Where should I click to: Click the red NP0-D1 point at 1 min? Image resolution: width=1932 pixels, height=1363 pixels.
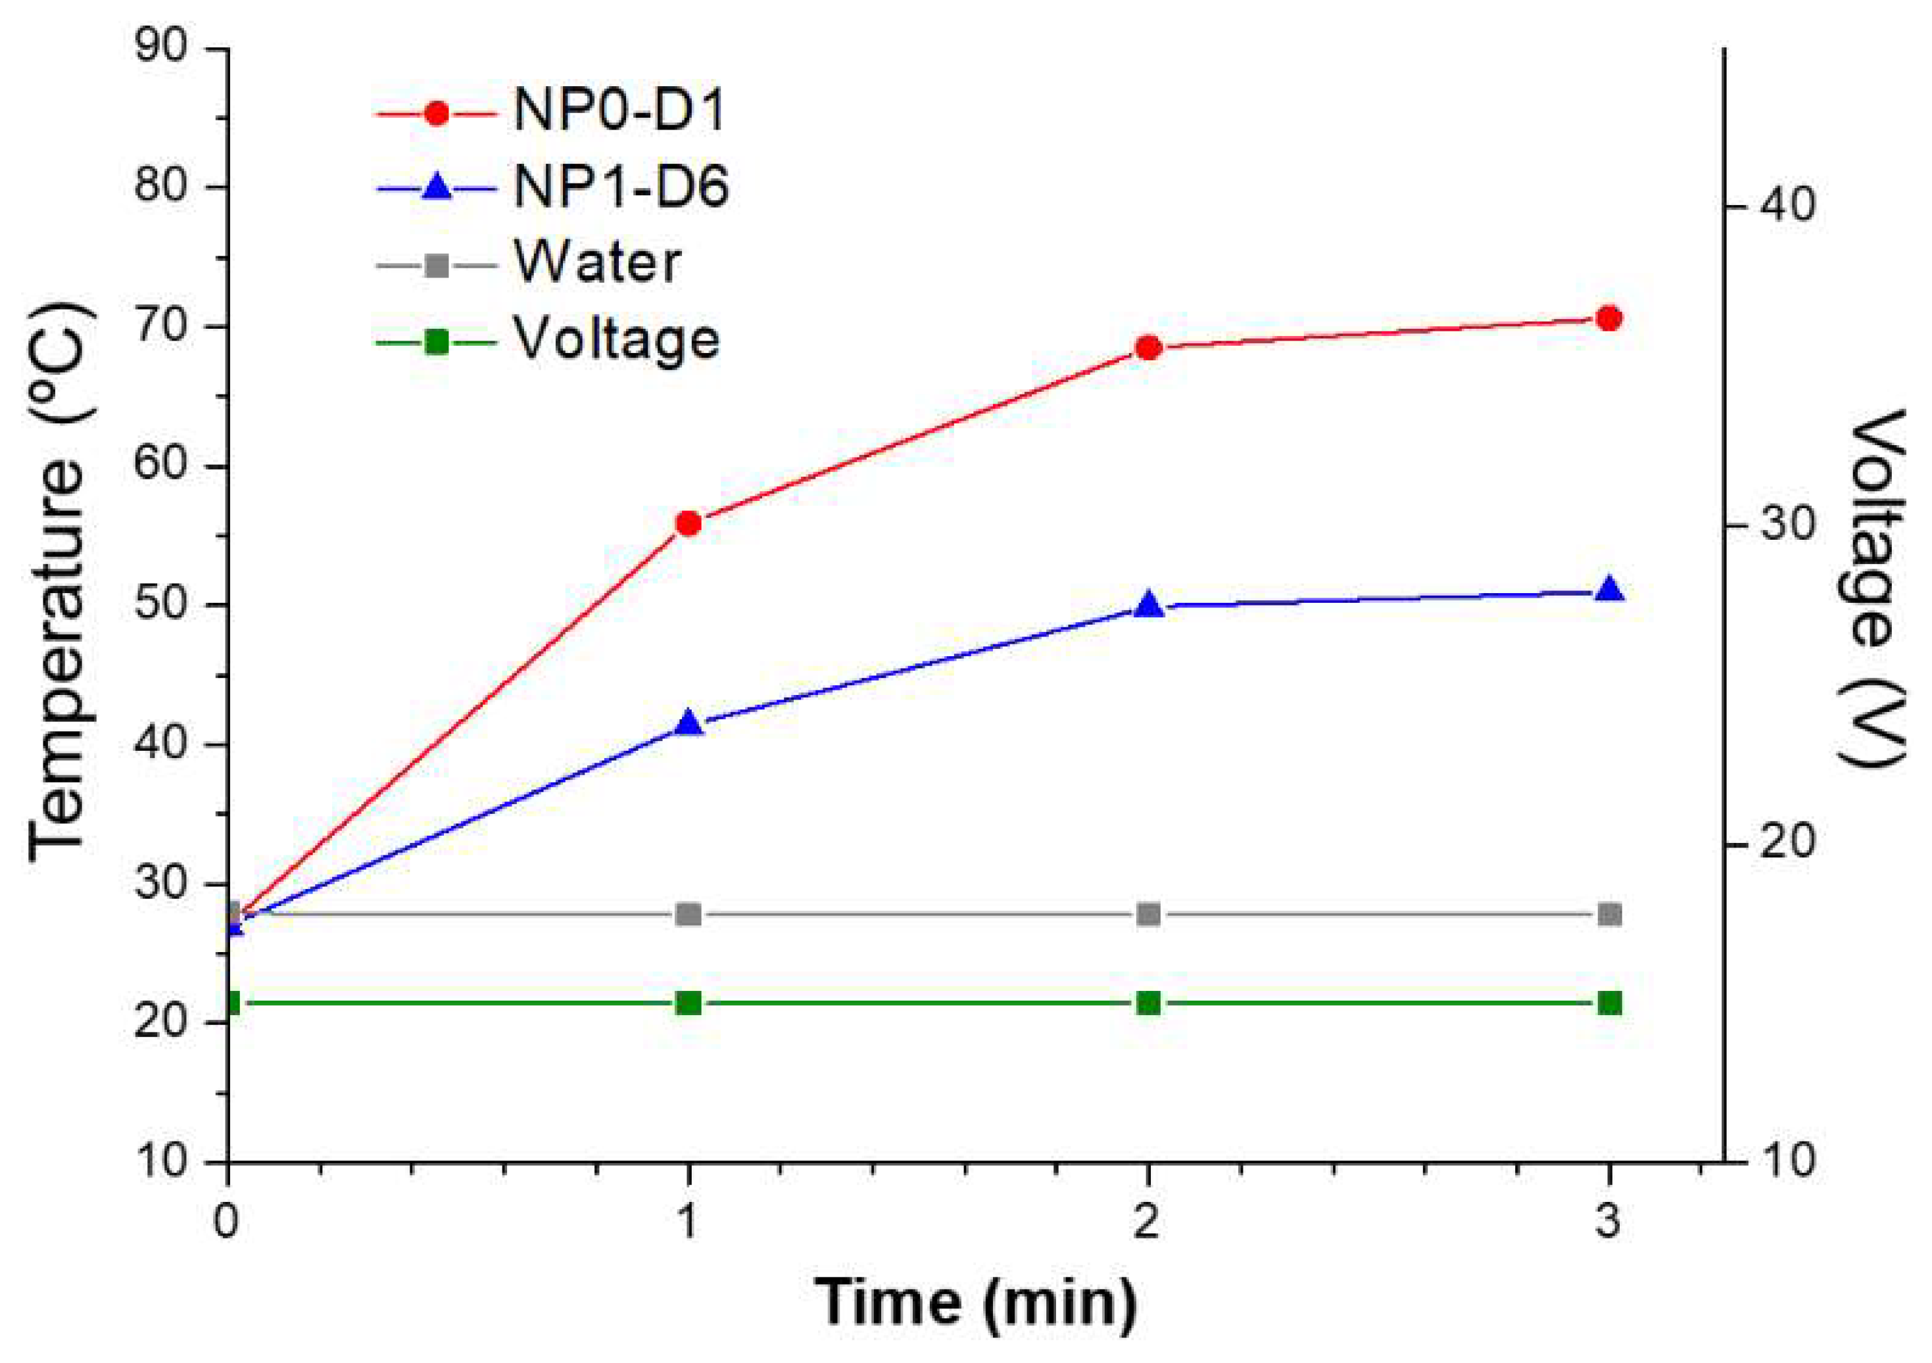(688, 524)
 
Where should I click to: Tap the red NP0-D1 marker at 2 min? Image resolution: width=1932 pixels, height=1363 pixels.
(1149, 347)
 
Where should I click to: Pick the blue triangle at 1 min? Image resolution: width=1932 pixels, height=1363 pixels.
(688, 723)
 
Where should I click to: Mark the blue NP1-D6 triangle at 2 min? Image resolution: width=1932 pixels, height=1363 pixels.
(1149, 606)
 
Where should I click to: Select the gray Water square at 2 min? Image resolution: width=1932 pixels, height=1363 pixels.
(1149, 915)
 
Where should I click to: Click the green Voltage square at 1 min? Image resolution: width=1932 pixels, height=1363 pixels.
(688, 1003)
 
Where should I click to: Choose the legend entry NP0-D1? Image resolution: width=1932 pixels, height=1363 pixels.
(619, 112)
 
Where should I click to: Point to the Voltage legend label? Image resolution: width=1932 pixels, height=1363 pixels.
(617, 340)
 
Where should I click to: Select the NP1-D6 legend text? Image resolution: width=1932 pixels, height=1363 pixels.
(621, 187)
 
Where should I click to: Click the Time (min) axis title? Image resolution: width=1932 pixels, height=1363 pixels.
(975, 1303)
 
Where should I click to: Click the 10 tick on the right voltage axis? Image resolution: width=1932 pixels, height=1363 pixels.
(1785, 1162)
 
